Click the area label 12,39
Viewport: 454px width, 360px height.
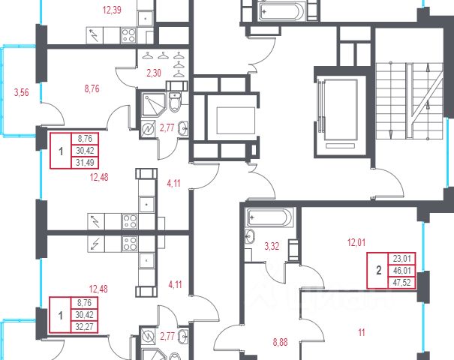112,10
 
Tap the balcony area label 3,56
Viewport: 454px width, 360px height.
22,92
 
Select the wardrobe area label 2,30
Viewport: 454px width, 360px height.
154,73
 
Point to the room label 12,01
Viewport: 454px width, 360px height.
356,242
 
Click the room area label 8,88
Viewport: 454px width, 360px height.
280,342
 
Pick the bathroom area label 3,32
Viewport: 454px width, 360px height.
272,246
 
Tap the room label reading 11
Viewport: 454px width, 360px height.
362,332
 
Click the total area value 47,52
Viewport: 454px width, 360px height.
401,283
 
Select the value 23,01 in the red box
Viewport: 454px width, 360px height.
401,259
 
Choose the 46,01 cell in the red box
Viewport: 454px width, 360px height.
401,271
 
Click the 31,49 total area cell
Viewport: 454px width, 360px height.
85,163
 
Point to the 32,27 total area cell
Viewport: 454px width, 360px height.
84,327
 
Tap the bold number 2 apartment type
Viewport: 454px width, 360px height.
379,271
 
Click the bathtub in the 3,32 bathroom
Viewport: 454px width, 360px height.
270,217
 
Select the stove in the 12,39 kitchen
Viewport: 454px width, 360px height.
128,35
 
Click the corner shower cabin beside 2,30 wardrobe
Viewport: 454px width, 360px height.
153,104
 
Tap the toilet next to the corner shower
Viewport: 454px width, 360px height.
174,102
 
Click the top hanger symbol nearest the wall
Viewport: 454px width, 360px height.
179,55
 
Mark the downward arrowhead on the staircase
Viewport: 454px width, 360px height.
390,133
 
